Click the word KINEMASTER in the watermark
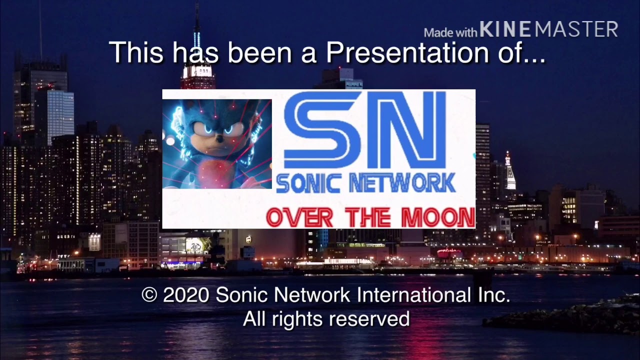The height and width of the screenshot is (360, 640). [x=548, y=29]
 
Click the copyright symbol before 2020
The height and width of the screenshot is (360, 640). [x=149, y=295]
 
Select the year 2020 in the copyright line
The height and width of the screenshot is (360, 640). [x=185, y=295]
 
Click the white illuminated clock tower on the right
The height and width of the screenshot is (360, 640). [x=509, y=172]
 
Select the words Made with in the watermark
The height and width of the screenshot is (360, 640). [x=450, y=33]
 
